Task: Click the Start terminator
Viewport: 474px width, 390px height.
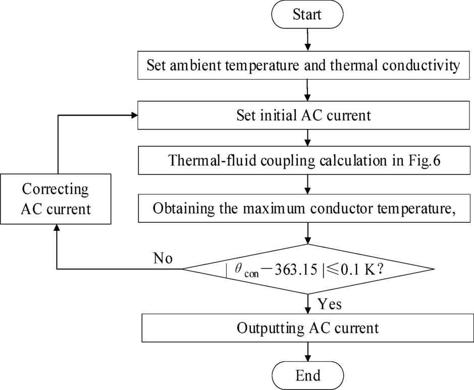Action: [x=307, y=14]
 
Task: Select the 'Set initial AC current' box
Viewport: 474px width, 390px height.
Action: [x=307, y=115]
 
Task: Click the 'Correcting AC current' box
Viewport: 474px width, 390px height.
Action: [x=56, y=199]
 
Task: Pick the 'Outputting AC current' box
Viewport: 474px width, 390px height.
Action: [x=307, y=329]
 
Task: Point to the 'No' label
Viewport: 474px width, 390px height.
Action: [x=163, y=258]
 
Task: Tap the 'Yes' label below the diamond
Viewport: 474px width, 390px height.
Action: [x=330, y=304]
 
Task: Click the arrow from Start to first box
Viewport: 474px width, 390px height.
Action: [x=307, y=40]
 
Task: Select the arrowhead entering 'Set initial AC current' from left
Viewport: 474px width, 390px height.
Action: [x=134, y=115]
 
